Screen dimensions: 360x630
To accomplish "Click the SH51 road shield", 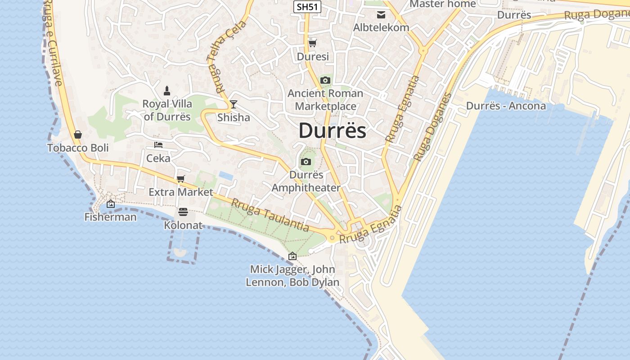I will [307, 7].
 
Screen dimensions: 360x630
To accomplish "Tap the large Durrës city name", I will [332, 130].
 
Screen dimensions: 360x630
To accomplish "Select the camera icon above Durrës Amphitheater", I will [306, 162].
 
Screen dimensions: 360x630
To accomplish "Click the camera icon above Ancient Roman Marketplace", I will [325, 81].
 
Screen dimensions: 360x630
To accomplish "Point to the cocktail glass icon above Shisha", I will [233, 104].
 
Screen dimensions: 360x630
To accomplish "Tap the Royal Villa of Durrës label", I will [167, 110].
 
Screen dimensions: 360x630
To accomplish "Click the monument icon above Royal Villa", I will [167, 91].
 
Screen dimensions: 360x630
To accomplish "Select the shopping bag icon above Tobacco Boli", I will [78, 135].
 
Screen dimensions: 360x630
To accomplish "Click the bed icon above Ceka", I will [158, 145].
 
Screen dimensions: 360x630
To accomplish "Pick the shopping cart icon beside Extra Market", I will [181, 179].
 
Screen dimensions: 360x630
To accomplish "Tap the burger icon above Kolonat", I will [183, 211].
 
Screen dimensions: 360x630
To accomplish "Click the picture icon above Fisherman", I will [111, 204].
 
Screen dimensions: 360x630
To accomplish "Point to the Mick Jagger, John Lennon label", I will [292, 276].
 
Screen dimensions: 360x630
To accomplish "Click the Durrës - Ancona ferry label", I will [506, 106].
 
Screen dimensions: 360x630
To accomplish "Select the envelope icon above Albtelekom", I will [381, 14].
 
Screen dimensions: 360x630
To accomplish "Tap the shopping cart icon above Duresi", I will [312, 44].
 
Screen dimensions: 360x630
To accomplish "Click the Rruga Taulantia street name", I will [270, 215].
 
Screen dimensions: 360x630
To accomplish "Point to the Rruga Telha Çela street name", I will [226, 56].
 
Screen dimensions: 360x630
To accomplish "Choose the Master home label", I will [442, 4].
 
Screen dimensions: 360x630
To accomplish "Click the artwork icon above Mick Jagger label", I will [292, 256].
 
